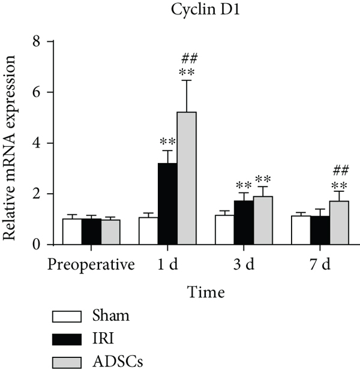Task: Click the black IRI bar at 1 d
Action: (x=167, y=204)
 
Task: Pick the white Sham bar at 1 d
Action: (x=148, y=231)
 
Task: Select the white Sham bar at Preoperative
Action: (x=72, y=231)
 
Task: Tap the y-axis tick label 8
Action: (x=41, y=42)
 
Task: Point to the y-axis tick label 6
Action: (x=41, y=92)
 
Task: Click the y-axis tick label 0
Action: (x=41, y=245)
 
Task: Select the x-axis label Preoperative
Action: (x=91, y=264)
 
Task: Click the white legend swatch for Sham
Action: (x=67, y=316)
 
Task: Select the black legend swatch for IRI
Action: (x=67, y=339)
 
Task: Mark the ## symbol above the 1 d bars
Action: (x=187, y=58)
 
